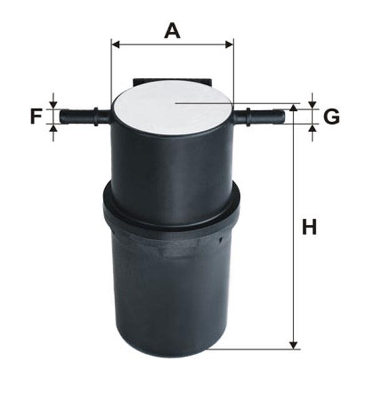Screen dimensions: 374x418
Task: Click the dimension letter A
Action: point(172,31)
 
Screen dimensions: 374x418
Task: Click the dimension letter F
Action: point(36,116)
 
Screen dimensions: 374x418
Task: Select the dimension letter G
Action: point(332,116)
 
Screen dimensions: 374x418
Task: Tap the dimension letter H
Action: point(309,227)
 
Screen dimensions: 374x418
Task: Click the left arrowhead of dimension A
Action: point(115,45)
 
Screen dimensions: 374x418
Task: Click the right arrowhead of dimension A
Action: point(229,45)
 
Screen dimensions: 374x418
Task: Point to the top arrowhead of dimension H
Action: point(294,107)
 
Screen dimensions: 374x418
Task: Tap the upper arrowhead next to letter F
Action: point(54,105)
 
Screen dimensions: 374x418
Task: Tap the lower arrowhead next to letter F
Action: point(54,128)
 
